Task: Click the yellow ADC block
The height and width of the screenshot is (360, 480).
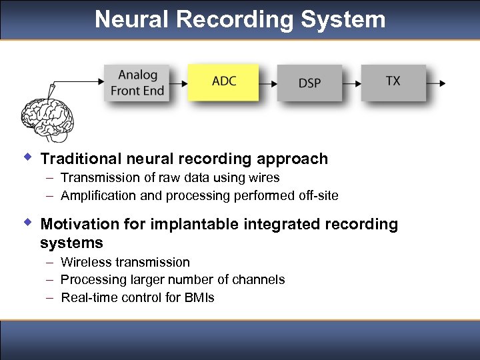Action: pos(223,82)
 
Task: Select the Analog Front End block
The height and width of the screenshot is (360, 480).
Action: pos(138,83)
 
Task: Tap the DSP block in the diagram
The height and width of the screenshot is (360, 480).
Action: pos(309,83)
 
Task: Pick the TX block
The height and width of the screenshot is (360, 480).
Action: pos(393,82)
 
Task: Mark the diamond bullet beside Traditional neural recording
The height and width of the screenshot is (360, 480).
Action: pos(27,157)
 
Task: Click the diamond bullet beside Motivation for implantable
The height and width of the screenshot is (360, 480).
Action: pos(27,223)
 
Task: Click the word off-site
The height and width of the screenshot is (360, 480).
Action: pos(317,195)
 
